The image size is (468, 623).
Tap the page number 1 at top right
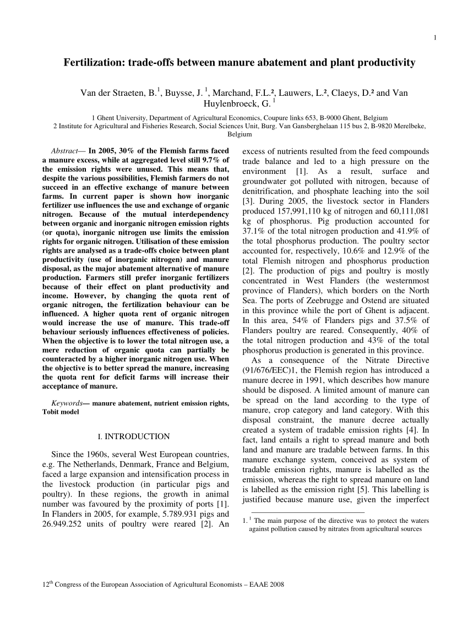coord(435,37)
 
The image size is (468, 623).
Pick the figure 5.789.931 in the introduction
coord(171,513)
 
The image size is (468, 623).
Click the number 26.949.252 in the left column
coord(67,524)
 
